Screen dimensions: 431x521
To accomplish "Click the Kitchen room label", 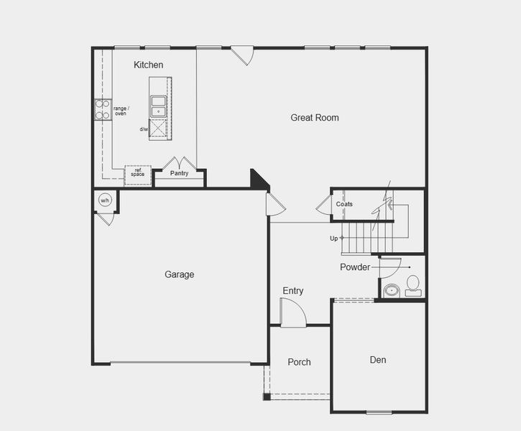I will pyautogui.click(x=148, y=65).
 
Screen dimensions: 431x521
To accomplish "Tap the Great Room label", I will pyautogui.click(x=315, y=118).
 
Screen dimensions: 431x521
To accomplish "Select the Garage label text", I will pyautogui.click(x=179, y=274).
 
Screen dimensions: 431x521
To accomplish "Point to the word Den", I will pyautogui.click(x=378, y=360).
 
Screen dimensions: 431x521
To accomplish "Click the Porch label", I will pyautogui.click(x=299, y=362).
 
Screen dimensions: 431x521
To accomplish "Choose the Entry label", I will pyautogui.click(x=292, y=291).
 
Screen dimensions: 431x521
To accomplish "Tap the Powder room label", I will pyautogui.click(x=355, y=268).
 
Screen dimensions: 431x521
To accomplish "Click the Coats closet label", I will pyautogui.click(x=344, y=205).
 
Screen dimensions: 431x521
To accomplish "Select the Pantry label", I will pyautogui.click(x=179, y=173).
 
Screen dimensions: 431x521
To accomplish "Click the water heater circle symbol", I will pyautogui.click(x=105, y=200).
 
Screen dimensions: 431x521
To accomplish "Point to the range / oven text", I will pyautogui.click(x=121, y=111).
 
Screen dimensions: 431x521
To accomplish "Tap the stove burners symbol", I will pyautogui.click(x=103, y=109).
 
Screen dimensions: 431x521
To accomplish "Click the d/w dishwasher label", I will pyautogui.click(x=144, y=129).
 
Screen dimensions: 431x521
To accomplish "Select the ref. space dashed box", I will pyautogui.click(x=137, y=175).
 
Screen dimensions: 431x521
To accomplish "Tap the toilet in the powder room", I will pyautogui.click(x=412, y=285).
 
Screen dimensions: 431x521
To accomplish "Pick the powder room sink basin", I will pyautogui.click(x=391, y=290).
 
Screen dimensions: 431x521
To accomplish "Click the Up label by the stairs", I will pyautogui.click(x=333, y=238).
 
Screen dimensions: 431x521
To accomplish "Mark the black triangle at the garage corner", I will pyautogui.click(x=258, y=179).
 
